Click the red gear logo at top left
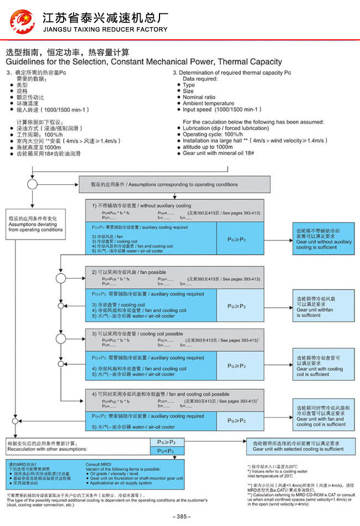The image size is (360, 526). [x=22, y=21]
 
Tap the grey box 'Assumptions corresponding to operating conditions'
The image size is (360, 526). [x=178, y=184]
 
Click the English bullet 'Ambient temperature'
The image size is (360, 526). [x=208, y=104]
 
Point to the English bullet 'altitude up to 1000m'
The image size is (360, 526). [x=208, y=147]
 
